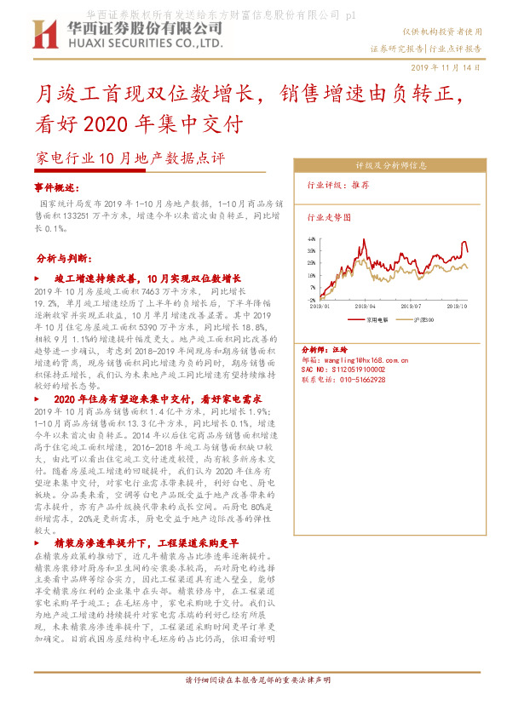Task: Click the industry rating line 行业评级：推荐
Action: (x=338, y=185)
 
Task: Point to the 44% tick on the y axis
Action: (x=312, y=240)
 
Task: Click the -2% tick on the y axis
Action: (x=312, y=300)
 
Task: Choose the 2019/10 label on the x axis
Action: (x=458, y=306)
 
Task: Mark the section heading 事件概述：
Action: (x=56, y=186)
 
